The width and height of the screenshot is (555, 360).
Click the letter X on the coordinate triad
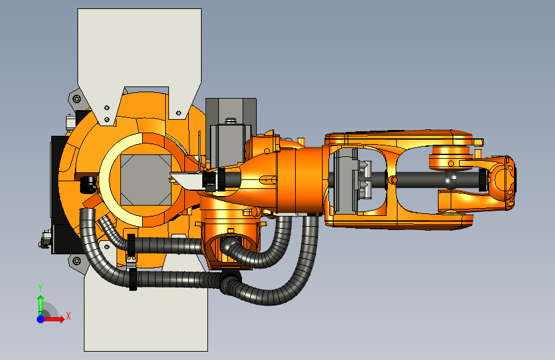coord(68,316)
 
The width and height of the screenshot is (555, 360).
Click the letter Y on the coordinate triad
coord(40,288)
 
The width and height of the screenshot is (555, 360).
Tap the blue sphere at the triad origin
coord(41,319)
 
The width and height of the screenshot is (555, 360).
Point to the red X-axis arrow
coord(53,319)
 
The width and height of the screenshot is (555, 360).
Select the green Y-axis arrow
coord(41,305)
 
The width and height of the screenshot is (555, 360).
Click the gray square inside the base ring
coord(146,179)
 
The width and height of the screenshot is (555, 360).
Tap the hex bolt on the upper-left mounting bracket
coord(76,99)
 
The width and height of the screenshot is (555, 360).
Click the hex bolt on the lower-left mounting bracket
coord(76,261)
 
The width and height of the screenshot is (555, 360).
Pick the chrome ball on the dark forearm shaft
coord(451,180)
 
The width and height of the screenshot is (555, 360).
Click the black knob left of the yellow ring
coord(88,184)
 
